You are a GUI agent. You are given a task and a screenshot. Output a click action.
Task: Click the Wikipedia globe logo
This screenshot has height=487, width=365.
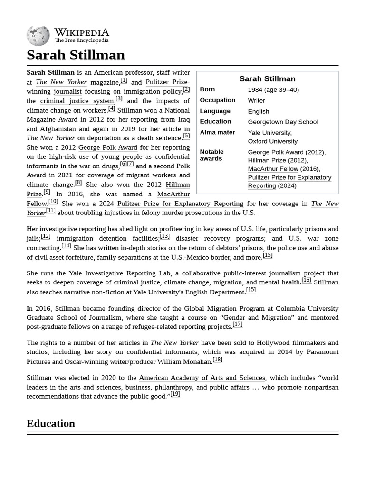coord(38,36)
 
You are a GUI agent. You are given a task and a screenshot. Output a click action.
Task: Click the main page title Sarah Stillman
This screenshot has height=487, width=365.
coord(76,55)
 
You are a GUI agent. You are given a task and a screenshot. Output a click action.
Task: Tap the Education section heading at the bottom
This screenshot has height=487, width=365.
coord(51,423)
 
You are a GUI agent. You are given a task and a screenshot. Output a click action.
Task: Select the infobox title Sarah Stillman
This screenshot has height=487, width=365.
coord(267,79)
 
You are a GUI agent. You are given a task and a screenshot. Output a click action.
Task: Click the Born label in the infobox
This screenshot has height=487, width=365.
coord(207,89)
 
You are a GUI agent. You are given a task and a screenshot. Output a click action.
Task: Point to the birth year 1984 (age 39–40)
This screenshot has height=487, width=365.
coord(273,90)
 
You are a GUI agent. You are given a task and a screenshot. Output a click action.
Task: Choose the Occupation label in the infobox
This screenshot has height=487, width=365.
coord(217,100)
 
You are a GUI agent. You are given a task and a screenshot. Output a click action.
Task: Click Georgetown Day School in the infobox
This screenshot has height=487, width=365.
coord(283,122)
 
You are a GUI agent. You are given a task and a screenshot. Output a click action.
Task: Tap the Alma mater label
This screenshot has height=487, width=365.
coord(217,132)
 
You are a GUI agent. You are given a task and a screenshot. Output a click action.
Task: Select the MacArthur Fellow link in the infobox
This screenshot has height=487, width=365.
coord(273,169)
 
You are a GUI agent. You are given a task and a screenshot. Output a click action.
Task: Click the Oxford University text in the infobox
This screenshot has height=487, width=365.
coord(272,141)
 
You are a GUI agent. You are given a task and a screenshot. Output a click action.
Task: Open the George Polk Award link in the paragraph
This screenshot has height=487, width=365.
coord(108,148)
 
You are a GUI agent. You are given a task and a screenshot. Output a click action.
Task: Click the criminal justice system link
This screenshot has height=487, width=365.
coord(77,101)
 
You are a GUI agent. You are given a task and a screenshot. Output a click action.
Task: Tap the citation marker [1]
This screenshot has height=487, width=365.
coord(124,80)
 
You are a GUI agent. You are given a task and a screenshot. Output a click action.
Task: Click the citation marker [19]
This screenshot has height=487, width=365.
coord(175,394)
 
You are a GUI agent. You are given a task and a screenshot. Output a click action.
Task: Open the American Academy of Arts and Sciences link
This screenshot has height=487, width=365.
coord(202,378)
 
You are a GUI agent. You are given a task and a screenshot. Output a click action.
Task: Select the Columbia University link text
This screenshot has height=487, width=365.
coord(307,309)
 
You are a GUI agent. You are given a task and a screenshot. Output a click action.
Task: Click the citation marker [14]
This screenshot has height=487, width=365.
coord(66,246)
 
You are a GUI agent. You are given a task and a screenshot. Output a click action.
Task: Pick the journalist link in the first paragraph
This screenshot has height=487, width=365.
coord(67,92)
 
